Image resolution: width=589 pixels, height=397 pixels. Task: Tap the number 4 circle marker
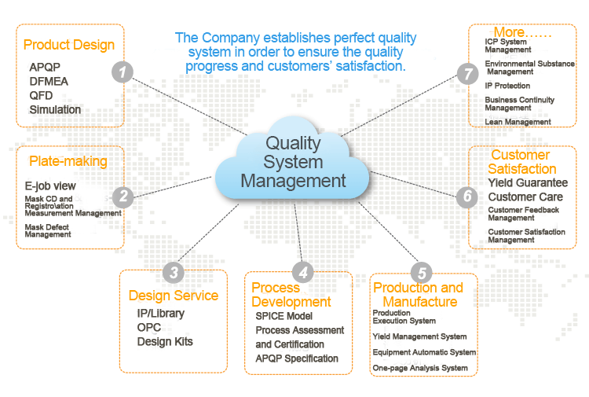coord(302,273)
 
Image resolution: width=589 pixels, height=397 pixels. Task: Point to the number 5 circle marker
coord(422,273)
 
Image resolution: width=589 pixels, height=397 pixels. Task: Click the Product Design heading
coord(69,45)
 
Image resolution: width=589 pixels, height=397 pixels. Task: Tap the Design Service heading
coord(174,296)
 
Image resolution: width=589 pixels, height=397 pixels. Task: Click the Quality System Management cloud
coord(293,162)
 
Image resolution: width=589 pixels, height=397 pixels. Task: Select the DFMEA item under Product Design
coord(48,81)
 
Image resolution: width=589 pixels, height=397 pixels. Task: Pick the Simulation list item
coord(55,109)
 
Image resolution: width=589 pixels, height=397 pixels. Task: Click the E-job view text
coord(50,186)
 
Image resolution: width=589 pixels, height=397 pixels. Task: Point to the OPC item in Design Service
coord(149,327)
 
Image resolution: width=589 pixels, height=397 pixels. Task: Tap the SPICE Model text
coord(283,316)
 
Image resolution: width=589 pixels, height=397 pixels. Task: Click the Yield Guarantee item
coord(528,183)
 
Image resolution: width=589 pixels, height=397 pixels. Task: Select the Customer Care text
coord(525,197)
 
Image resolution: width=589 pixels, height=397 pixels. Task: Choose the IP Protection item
coord(507,86)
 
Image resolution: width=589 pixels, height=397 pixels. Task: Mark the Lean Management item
coord(518,122)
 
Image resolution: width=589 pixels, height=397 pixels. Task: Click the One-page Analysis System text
coord(420,368)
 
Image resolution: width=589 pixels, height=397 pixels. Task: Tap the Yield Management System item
coord(419,336)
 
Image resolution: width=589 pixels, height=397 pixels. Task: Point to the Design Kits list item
coord(165,341)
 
